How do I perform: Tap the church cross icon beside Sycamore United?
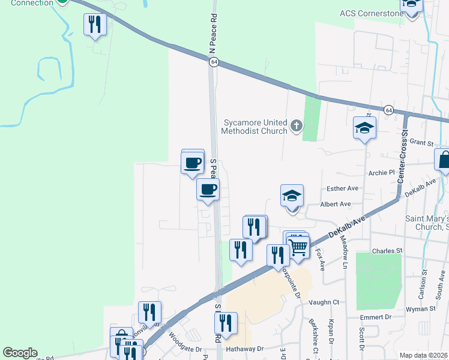tap(295, 126)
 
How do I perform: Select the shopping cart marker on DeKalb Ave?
tap(298, 245)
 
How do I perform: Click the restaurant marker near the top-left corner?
tap(95, 24)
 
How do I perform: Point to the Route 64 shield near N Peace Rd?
tap(214, 62)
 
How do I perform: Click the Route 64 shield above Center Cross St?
tap(389, 110)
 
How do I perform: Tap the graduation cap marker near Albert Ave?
tap(292, 196)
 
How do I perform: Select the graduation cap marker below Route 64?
tap(364, 128)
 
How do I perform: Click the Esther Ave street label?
tap(343, 188)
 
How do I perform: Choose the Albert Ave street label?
tap(336, 204)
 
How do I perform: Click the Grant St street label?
tap(421, 143)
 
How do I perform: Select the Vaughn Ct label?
tap(324, 302)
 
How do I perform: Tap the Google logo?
tap(20, 353)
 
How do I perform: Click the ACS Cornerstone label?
tap(370, 13)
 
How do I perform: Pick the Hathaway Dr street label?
tap(245, 349)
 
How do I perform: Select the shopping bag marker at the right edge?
tap(444, 161)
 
